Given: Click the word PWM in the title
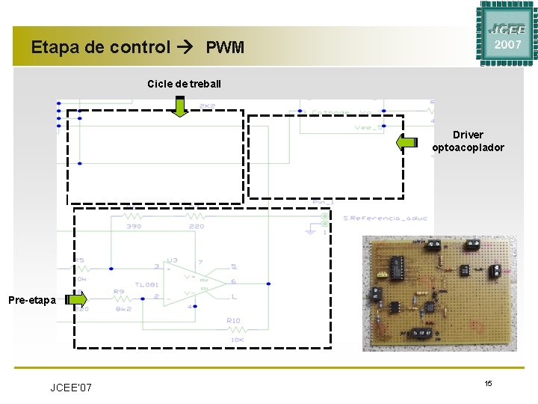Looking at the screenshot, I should point(225,48).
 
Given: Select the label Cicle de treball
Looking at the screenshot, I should point(184,82).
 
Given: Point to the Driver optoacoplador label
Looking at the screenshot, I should point(468,141).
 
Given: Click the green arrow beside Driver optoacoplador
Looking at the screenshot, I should point(407,141).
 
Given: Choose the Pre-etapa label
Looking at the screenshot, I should point(31,300).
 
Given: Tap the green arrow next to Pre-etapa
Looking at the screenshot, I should point(76,299).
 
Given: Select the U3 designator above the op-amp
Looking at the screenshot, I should point(172,260).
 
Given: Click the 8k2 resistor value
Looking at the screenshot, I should point(124,307).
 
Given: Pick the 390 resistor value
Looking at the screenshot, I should point(134,225).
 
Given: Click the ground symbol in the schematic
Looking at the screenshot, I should point(309,230).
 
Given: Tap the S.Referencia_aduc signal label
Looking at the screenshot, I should point(385,218).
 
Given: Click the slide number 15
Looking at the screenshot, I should point(487,383).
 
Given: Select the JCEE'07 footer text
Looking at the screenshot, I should point(71,388).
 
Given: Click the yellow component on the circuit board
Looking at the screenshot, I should point(380,294).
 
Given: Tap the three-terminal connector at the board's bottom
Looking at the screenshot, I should point(423,331).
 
